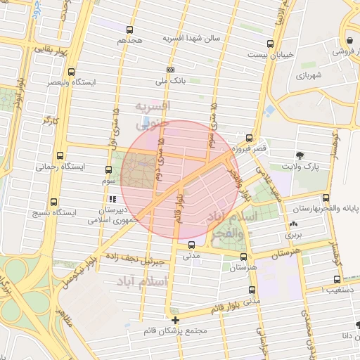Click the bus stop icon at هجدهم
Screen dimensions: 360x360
(129, 30)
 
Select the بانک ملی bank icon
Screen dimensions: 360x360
(170, 70)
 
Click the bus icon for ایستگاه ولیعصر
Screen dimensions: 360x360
(71, 72)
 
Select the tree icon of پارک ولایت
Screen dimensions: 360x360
(301, 155)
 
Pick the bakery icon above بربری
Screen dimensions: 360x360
(292, 225)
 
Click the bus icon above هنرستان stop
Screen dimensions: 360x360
(243, 257)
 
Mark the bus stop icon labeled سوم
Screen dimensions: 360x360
(108, 169)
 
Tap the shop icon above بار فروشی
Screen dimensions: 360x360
(349, 40)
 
